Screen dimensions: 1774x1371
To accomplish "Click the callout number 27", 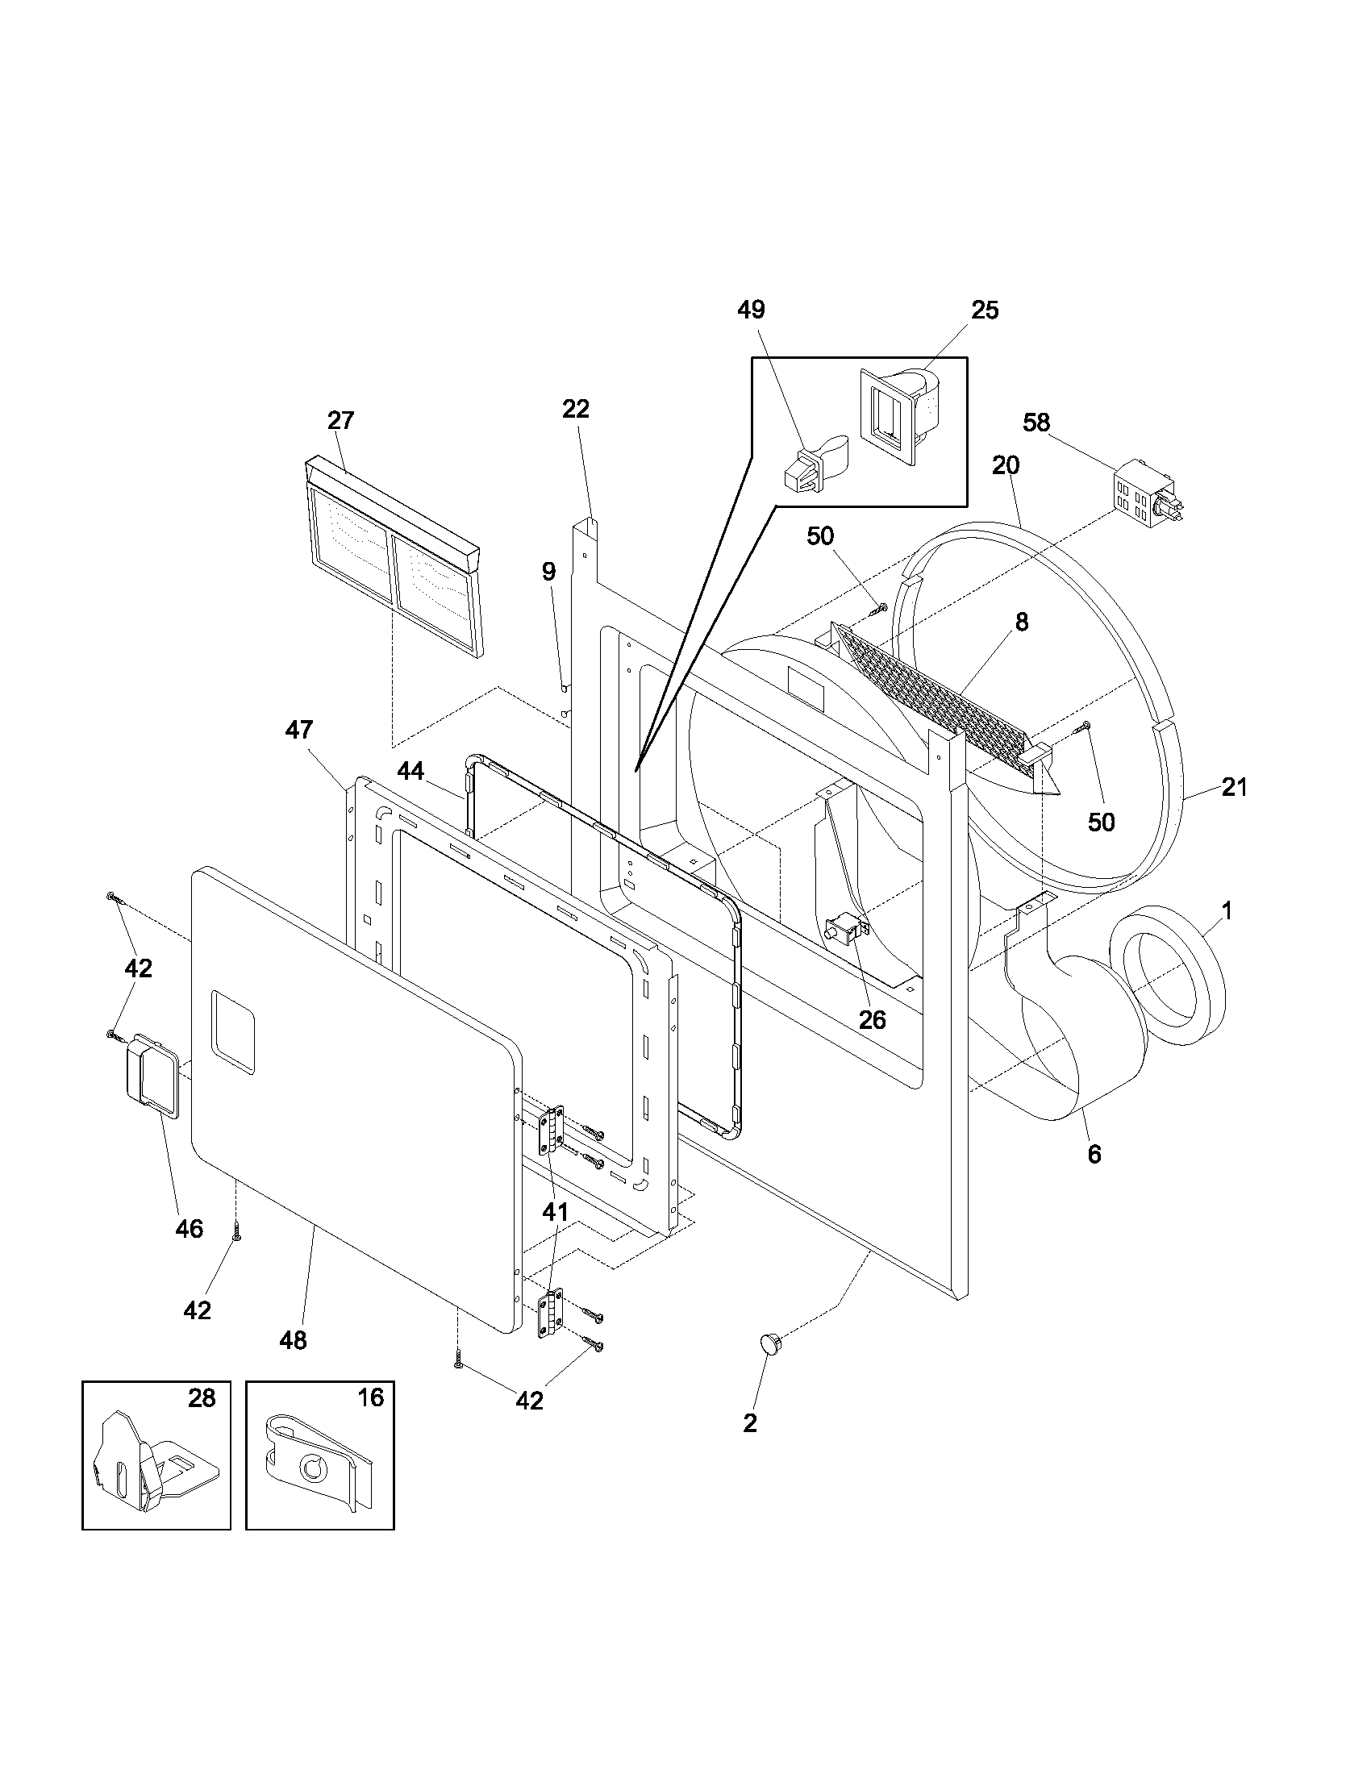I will tap(340, 420).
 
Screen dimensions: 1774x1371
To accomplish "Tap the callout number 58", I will tap(1036, 423).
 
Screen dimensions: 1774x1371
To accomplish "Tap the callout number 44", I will tap(411, 771).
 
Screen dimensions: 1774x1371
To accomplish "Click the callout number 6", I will tap(1094, 1153).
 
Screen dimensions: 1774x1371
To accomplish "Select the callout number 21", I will tap(1234, 787).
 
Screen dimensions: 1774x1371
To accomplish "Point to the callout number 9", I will tap(549, 571).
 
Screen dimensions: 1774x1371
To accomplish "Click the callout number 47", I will tap(298, 730).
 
